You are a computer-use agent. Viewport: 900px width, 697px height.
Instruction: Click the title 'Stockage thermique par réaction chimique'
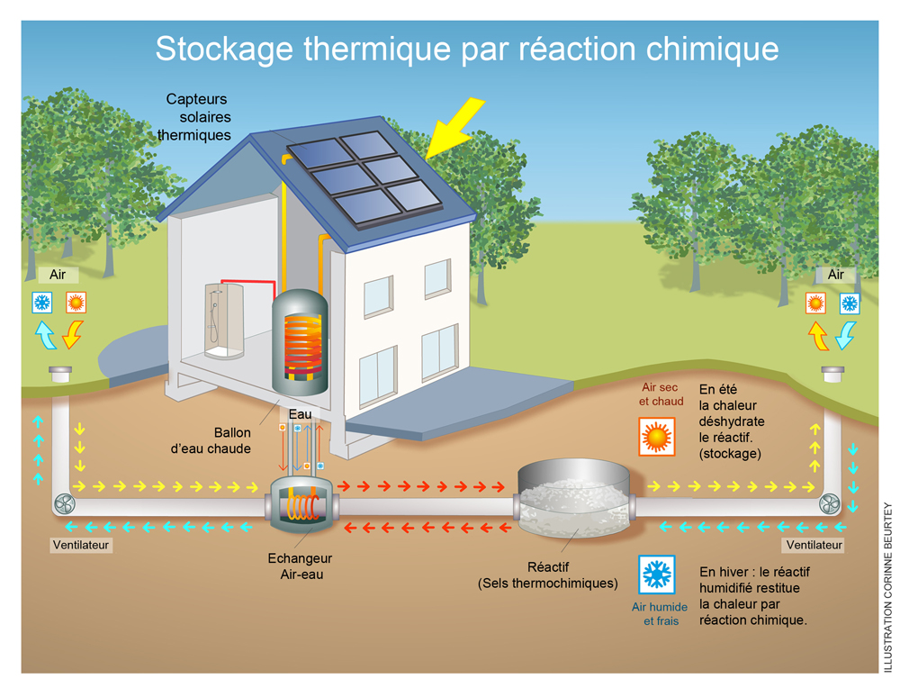[x=466, y=48]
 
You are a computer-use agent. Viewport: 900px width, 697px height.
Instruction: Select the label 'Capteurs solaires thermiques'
[x=196, y=117]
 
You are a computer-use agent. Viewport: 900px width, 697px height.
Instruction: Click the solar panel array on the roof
[x=366, y=177]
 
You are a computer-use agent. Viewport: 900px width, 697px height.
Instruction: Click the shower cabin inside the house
[x=224, y=320]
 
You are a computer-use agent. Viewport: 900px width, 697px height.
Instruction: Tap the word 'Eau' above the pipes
[x=300, y=414]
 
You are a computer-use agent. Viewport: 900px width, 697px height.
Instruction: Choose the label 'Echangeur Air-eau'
[x=300, y=566]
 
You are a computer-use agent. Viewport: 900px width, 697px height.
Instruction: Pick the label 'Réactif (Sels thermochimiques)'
[x=547, y=575]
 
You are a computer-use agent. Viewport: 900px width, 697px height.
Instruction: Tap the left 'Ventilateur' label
[x=82, y=545]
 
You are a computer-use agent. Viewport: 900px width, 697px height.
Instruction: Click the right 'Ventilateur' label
[x=814, y=545]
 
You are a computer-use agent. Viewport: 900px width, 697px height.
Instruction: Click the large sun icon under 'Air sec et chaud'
[x=656, y=437]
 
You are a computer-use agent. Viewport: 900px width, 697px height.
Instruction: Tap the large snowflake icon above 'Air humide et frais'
[x=656, y=574]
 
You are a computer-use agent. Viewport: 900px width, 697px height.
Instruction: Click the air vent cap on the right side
[x=833, y=373]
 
